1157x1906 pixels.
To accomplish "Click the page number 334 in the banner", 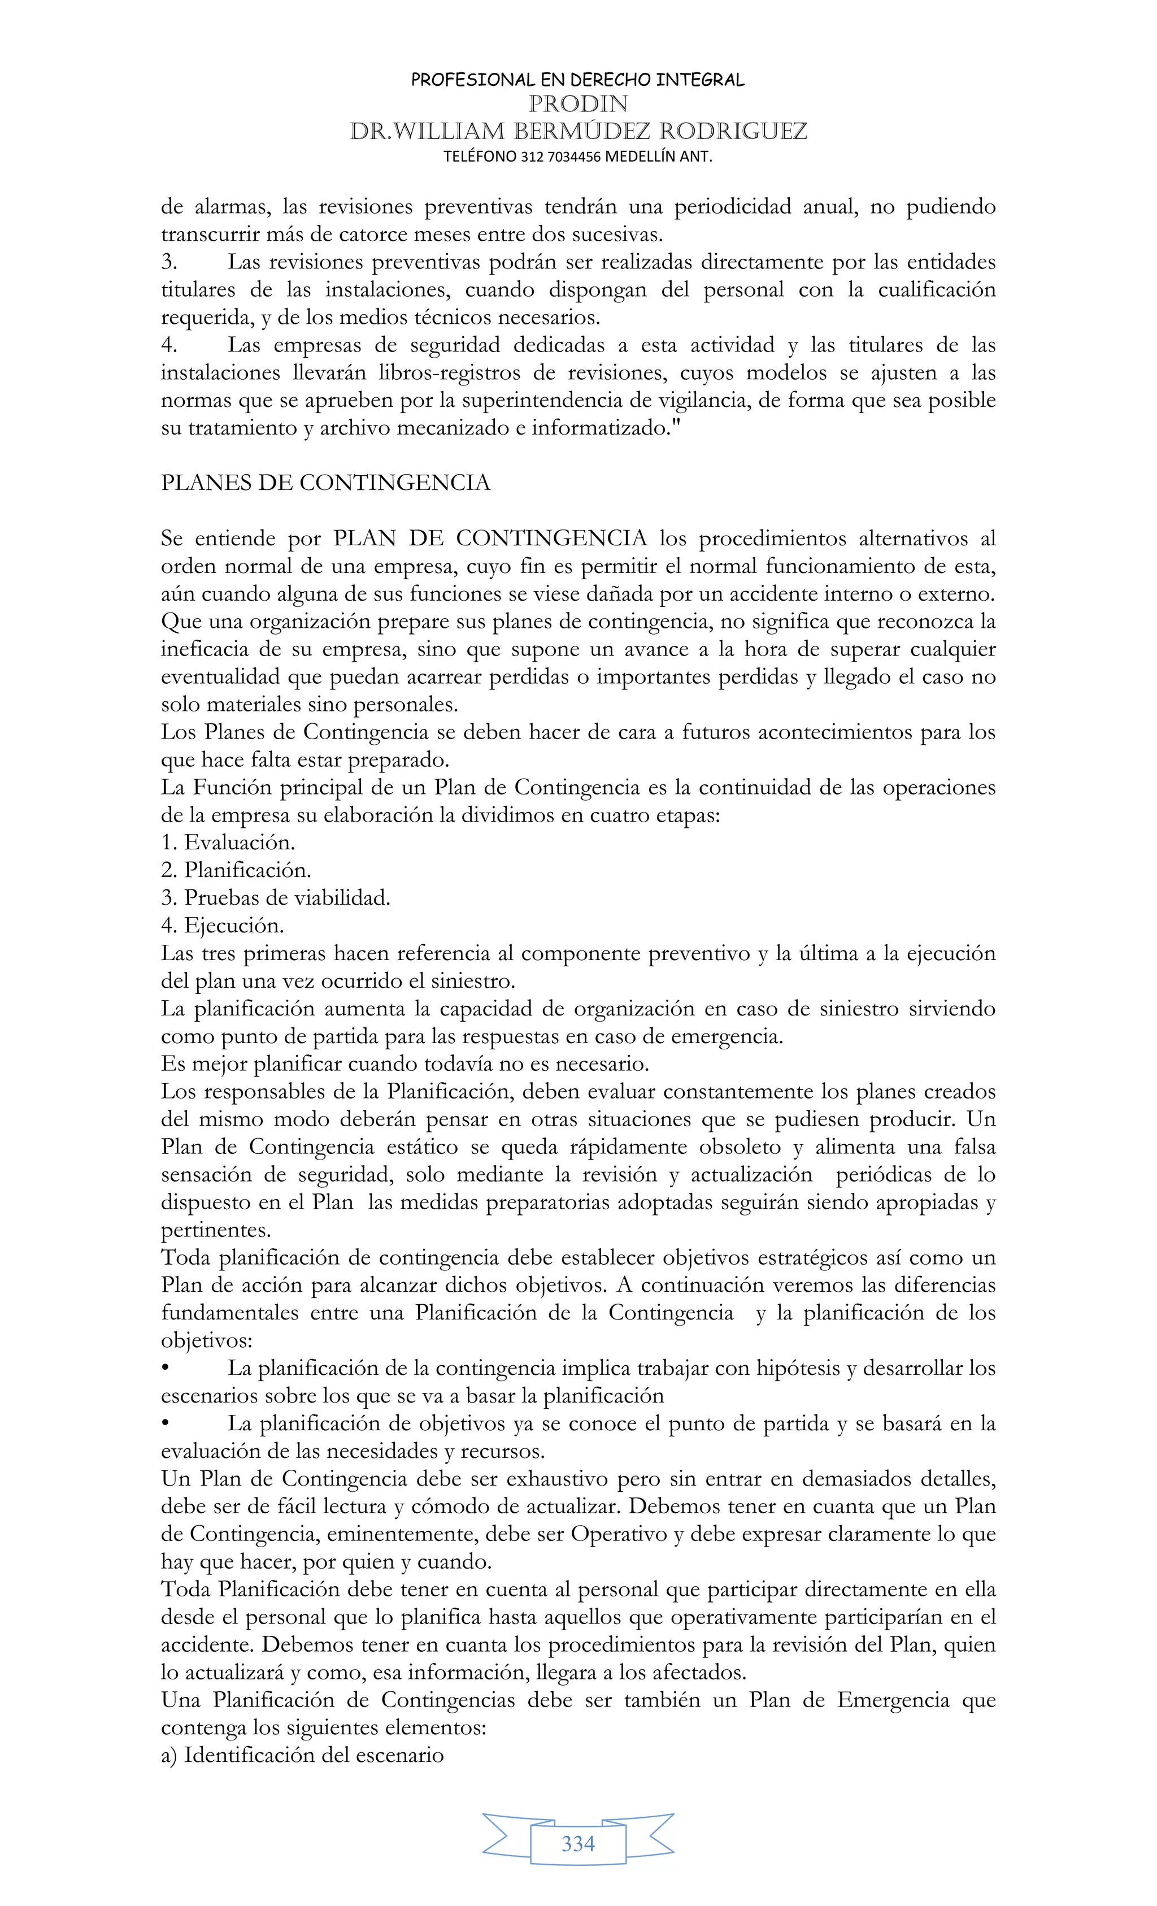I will (578, 1843).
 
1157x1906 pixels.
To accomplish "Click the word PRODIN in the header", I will (578, 103).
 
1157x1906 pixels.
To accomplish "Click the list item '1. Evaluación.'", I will (228, 843).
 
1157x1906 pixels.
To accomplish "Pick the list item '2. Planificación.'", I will (236, 870).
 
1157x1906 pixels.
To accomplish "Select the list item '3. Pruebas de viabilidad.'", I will (275, 898).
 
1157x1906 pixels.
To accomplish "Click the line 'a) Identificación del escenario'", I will (302, 1755).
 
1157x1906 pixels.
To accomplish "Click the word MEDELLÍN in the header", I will (639, 157).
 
